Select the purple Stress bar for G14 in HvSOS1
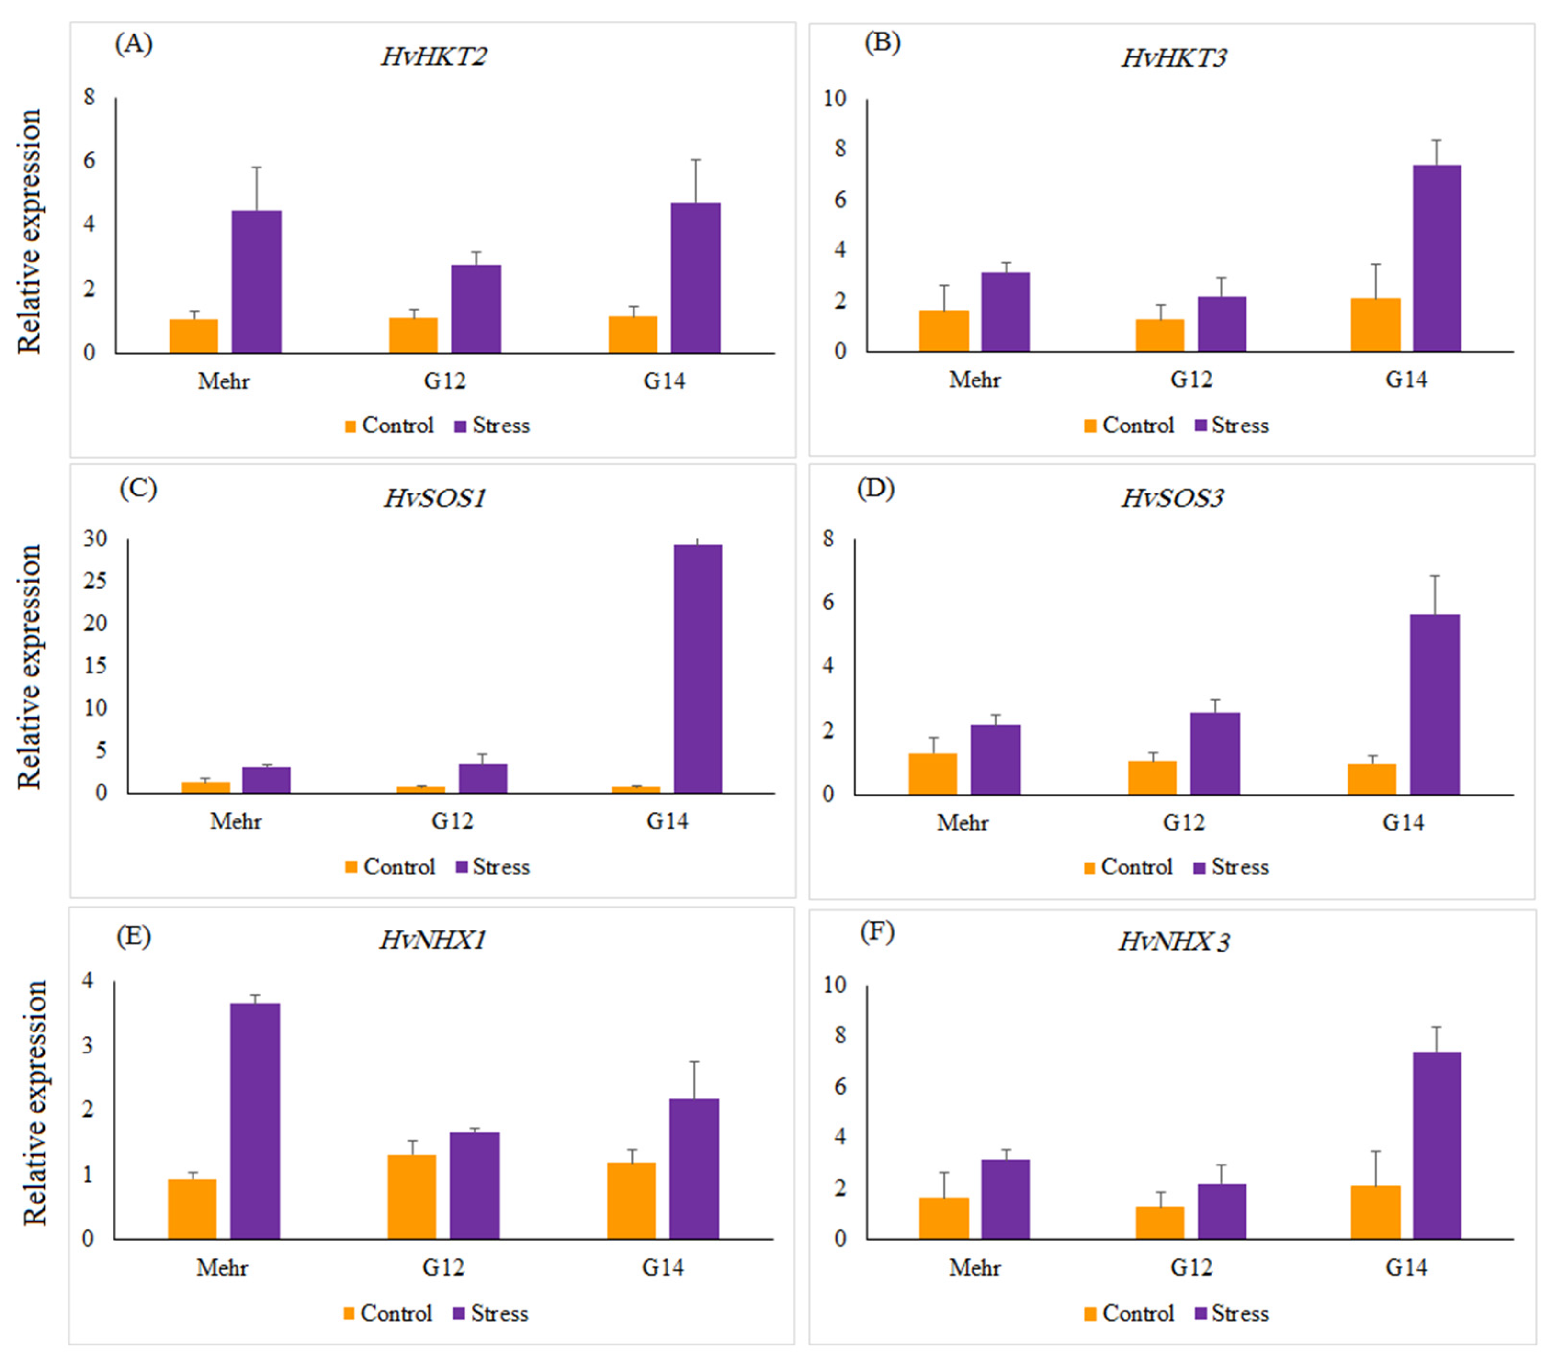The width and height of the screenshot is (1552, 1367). [697, 668]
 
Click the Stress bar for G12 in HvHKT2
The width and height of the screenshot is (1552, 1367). [476, 309]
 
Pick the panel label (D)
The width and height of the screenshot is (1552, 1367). [875, 488]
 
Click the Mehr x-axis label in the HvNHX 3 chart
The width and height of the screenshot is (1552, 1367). [974, 1267]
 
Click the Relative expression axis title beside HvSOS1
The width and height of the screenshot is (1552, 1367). [29, 666]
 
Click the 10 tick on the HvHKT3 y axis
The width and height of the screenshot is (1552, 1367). [835, 99]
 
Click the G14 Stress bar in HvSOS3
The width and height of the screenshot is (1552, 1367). [1434, 705]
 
